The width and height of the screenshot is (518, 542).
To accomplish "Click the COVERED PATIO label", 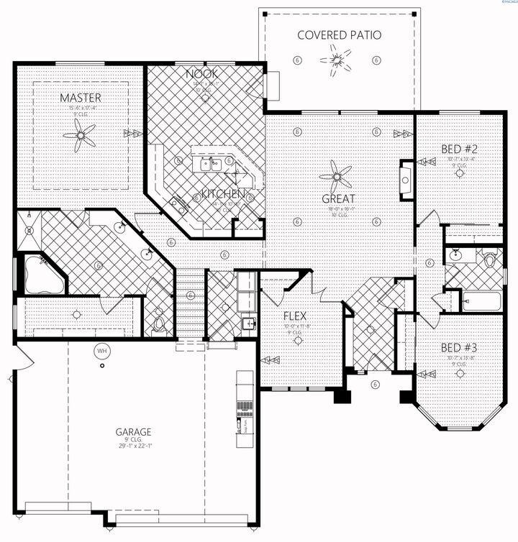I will tap(339, 35).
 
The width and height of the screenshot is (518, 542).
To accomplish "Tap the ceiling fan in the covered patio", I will tap(338, 56).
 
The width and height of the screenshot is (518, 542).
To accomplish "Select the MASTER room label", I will tap(80, 97).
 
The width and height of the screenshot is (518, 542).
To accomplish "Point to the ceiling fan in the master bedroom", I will tap(80, 135).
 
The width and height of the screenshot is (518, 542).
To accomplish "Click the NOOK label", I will tap(201, 74).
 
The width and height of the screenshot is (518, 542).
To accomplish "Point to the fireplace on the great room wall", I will tap(406, 179).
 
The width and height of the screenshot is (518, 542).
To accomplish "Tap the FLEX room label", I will tap(296, 314).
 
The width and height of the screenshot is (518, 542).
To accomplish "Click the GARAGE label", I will tap(133, 432).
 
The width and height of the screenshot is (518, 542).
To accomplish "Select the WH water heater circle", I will tap(100, 351).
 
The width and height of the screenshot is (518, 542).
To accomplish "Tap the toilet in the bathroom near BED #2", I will tap(491, 259).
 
